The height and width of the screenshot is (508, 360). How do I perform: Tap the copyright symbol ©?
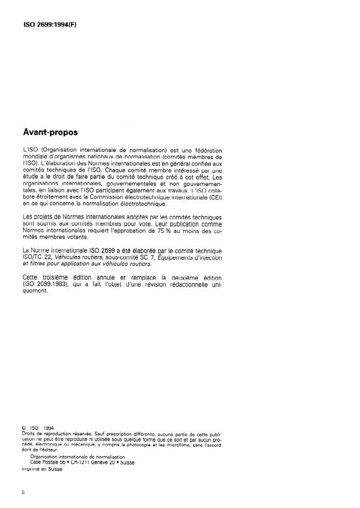(x=24, y=428)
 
